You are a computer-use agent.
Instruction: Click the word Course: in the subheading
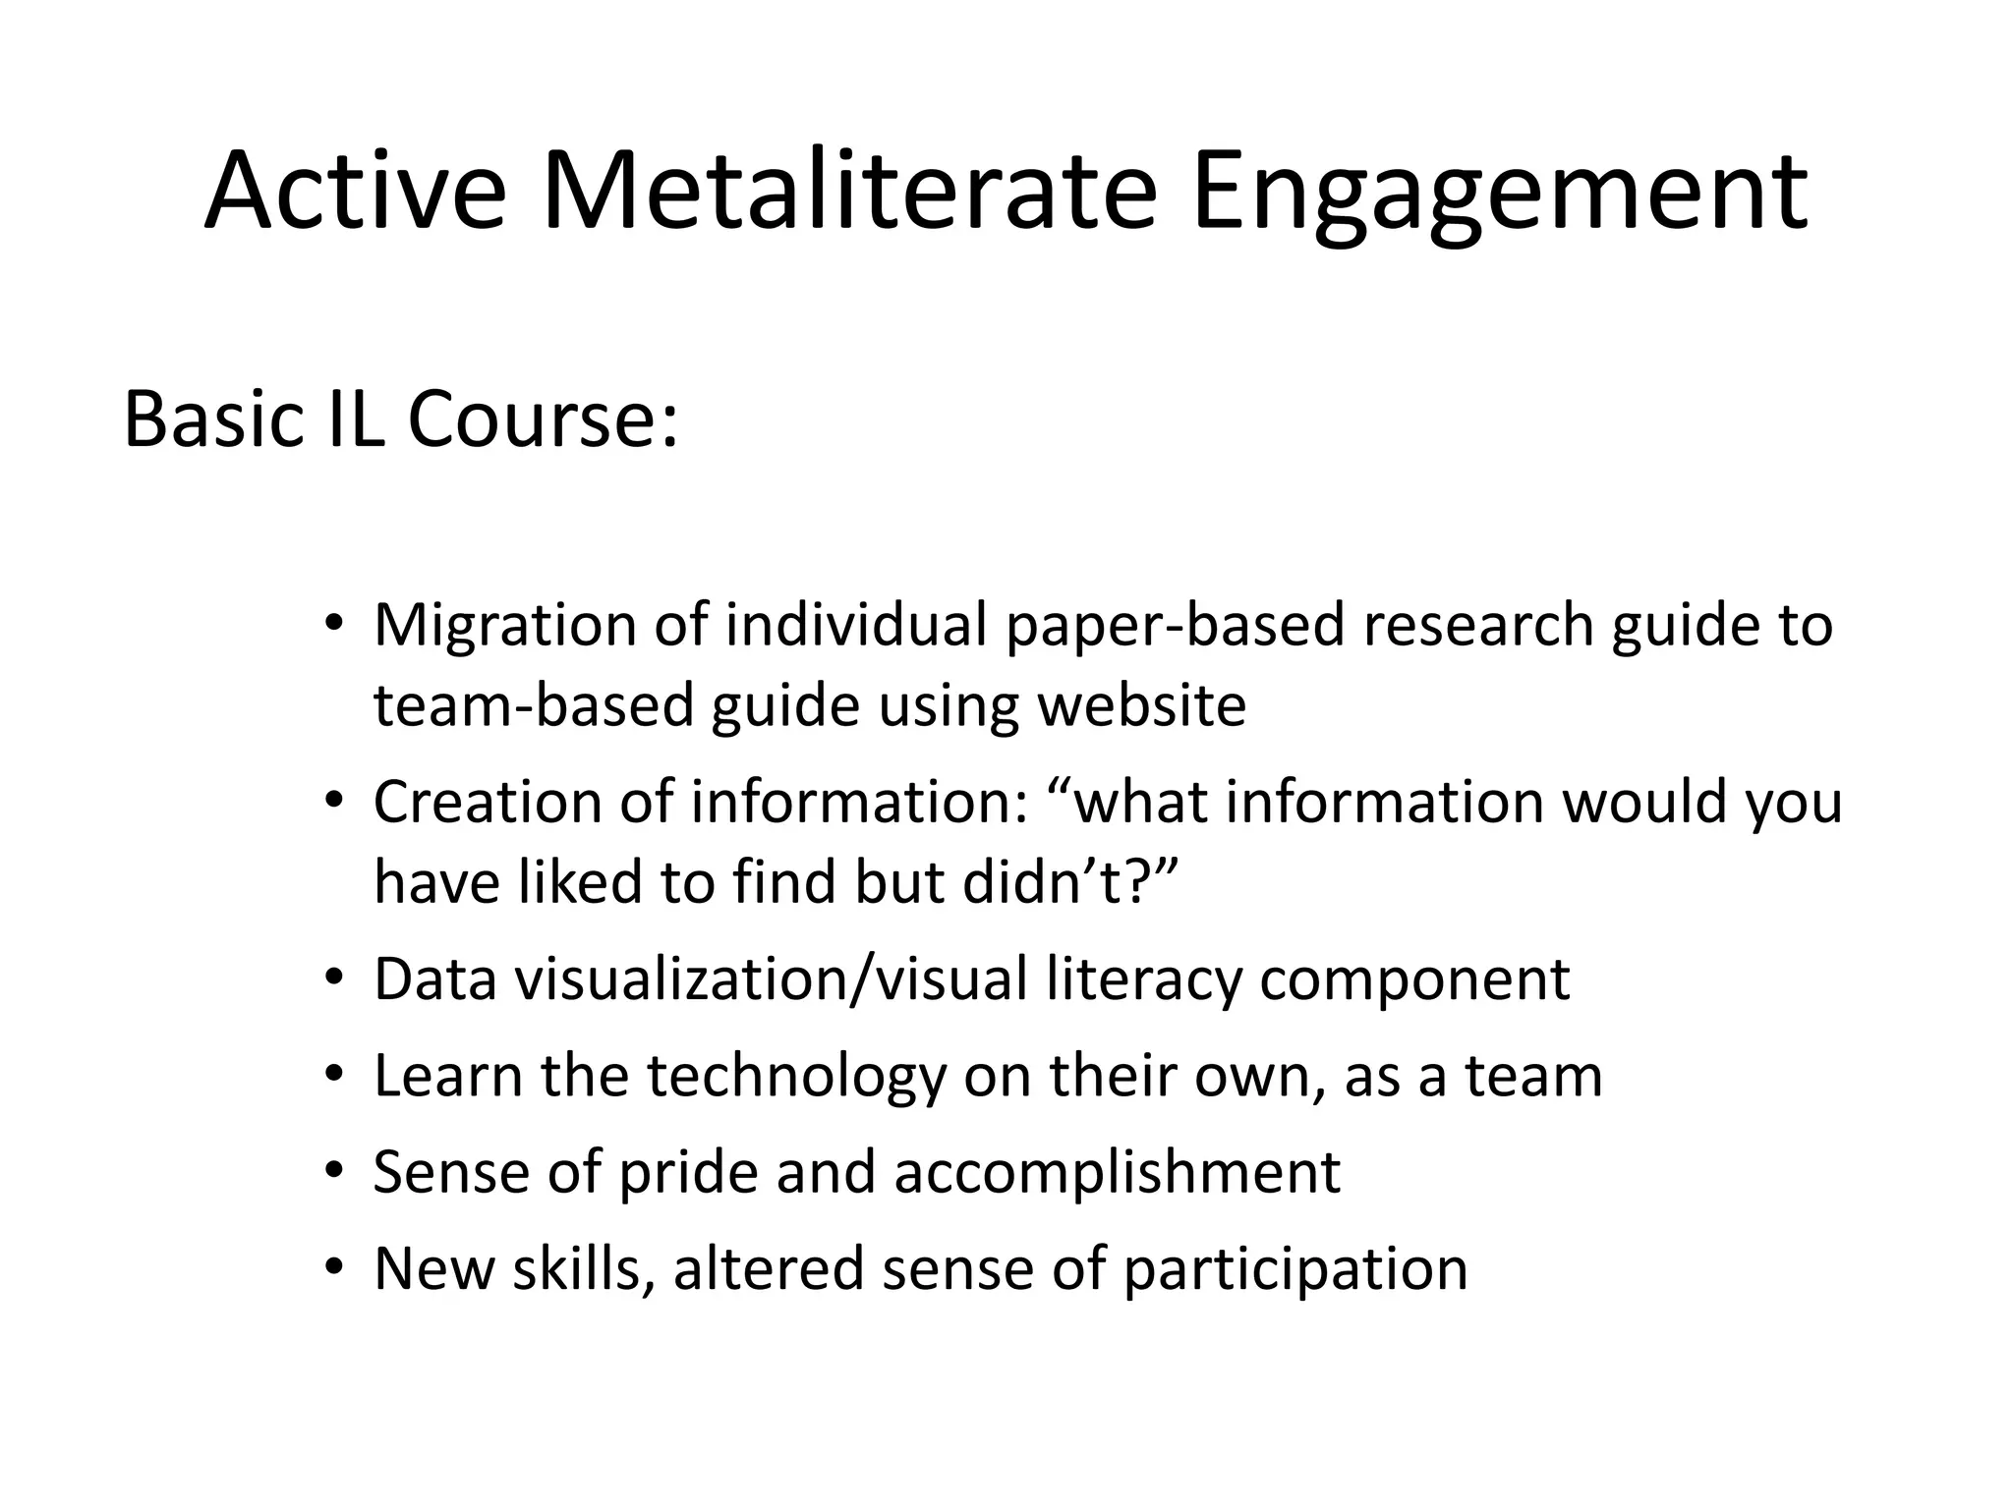tap(543, 420)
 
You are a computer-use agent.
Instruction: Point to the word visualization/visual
tap(771, 979)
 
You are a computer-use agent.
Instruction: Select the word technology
tap(796, 1076)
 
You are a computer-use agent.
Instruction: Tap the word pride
tap(689, 1172)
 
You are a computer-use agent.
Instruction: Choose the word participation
tap(1294, 1268)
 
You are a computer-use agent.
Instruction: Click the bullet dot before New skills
tap(334, 1268)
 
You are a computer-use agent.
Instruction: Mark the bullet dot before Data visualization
tap(334, 979)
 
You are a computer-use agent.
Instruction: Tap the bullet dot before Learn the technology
tap(334, 1076)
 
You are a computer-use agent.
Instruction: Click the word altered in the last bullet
tap(768, 1268)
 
